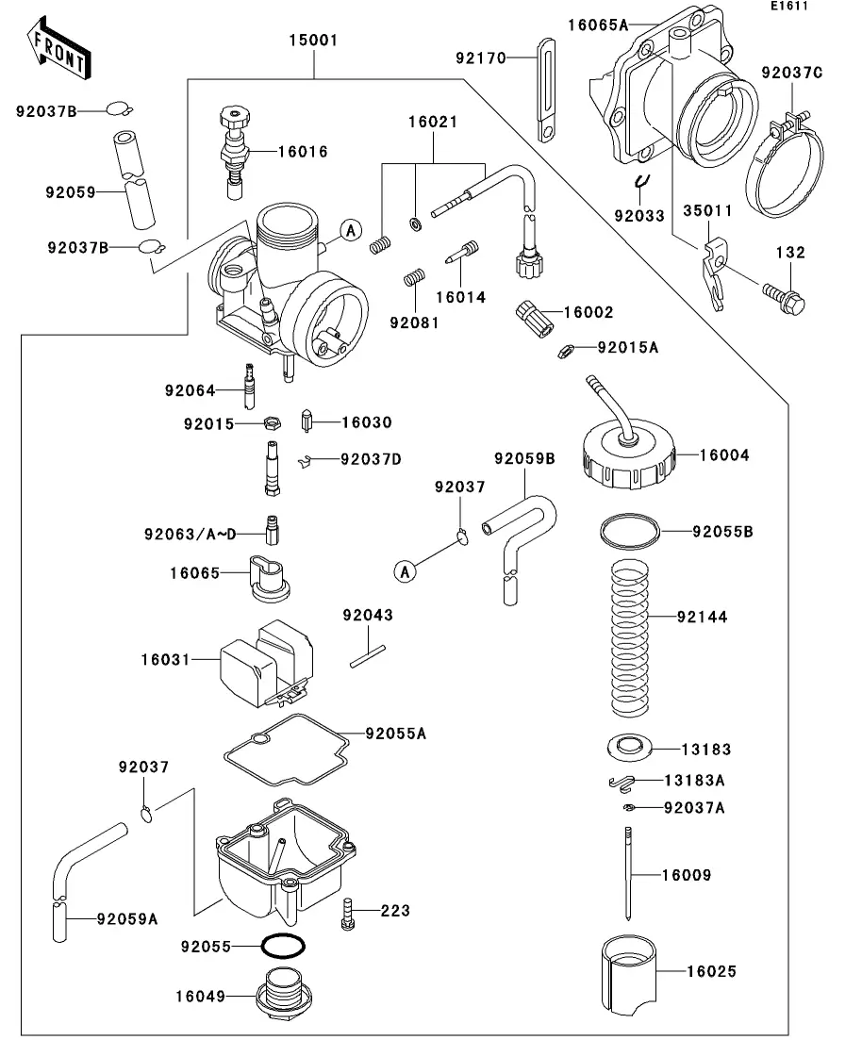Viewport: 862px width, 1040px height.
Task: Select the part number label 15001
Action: [313, 41]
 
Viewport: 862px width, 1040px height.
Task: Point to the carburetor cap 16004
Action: [628, 454]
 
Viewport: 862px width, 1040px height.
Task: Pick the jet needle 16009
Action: [628, 872]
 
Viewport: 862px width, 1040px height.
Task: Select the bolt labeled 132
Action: [785, 298]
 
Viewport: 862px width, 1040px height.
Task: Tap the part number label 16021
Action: [433, 123]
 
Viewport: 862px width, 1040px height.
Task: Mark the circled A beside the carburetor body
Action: [350, 229]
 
